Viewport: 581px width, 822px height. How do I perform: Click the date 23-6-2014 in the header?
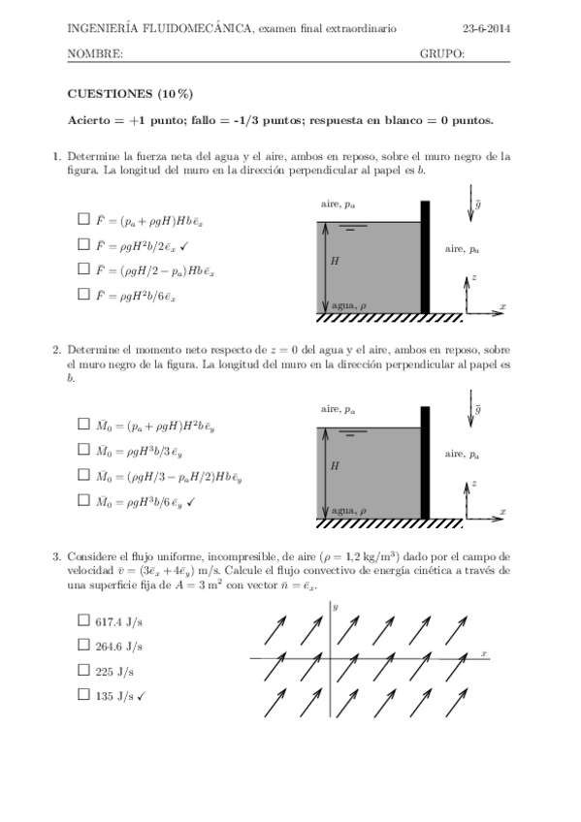(488, 29)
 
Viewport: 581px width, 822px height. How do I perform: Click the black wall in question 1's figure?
(425, 257)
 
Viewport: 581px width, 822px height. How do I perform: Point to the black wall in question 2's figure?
(425, 462)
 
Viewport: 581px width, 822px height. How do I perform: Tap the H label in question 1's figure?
(336, 261)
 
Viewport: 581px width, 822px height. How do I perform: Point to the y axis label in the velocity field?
(335, 607)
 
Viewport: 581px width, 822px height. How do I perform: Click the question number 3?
(56, 556)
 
